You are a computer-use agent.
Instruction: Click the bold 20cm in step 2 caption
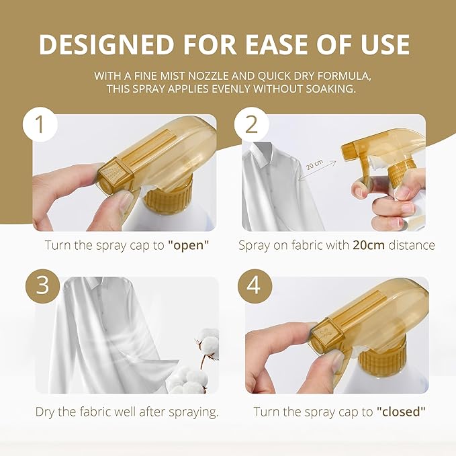pyautogui.click(x=369, y=245)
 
